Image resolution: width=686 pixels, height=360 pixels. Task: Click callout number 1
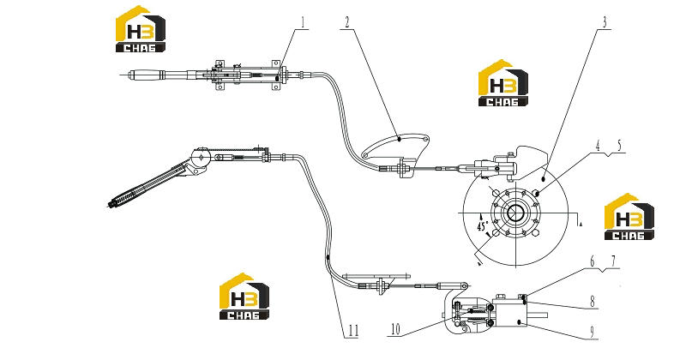[x=303, y=22]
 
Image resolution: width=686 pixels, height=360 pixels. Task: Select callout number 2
[x=347, y=22]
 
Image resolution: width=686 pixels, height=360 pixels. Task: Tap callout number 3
[x=605, y=22]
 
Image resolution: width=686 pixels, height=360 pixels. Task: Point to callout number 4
[x=598, y=146]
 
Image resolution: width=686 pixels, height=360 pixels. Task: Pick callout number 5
[x=619, y=146]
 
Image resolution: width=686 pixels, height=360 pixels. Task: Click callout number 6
[x=593, y=261]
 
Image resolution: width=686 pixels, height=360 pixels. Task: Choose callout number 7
[x=613, y=261]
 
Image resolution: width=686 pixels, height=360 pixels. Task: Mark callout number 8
[x=593, y=302]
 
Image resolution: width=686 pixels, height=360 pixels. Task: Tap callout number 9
[x=593, y=332]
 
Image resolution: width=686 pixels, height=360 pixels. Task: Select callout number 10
[x=395, y=329]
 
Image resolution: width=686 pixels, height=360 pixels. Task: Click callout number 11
[x=353, y=331]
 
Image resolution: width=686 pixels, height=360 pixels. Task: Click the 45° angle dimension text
[x=483, y=225]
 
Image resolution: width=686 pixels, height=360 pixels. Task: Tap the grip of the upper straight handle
[x=145, y=75]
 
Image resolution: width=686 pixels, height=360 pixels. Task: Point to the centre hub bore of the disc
[x=516, y=213]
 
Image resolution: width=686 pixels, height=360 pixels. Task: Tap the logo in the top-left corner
[x=141, y=29]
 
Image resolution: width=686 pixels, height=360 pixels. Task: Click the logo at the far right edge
[x=629, y=217]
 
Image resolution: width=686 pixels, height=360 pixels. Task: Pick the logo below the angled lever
[x=244, y=297]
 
